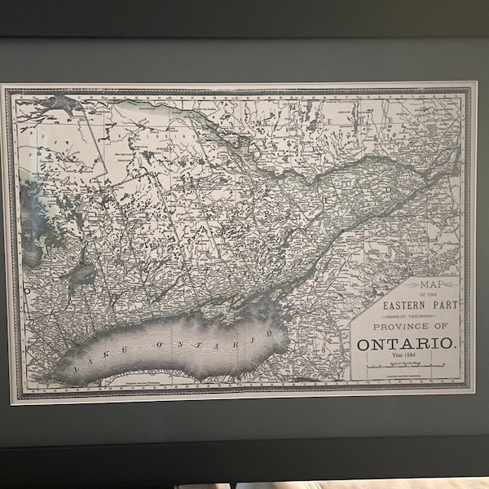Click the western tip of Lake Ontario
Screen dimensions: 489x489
click(x=51, y=377)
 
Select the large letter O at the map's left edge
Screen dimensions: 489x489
click(x=26, y=289)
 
